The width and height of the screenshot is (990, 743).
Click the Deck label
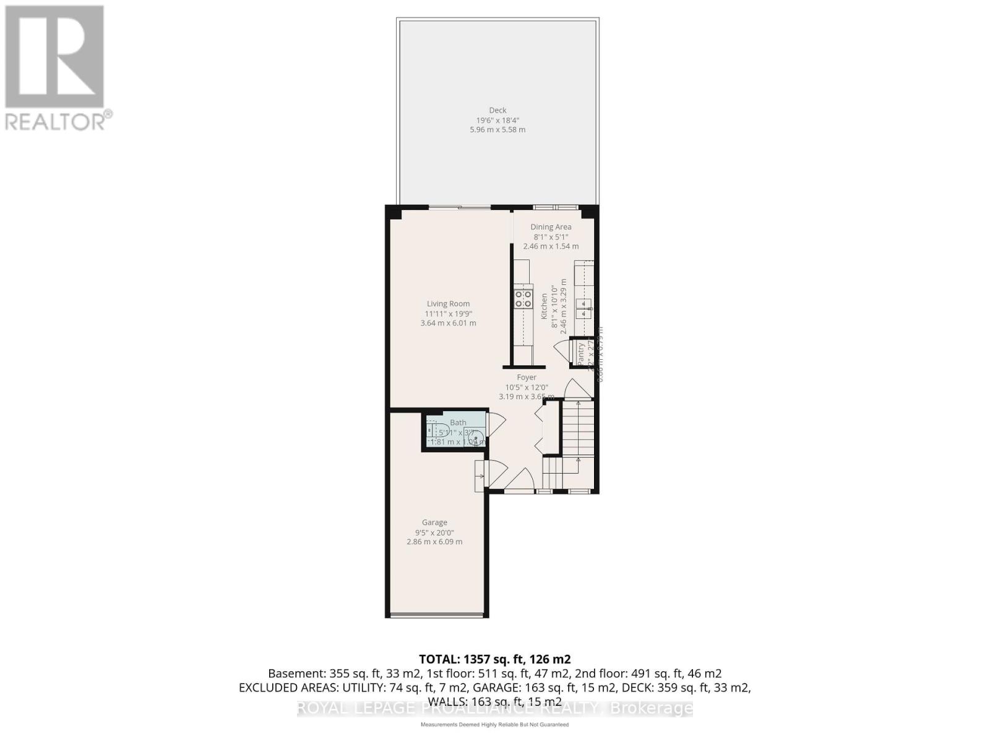tap(497, 110)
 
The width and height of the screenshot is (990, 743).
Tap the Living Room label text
tap(448, 303)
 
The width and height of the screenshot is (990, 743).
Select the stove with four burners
tap(523, 299)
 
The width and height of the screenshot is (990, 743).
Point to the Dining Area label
tap(551, 227)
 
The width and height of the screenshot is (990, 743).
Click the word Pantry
tap(580, 354)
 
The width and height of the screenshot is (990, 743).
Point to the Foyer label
tap(527, 377)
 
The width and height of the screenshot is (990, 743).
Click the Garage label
tap(434, 522)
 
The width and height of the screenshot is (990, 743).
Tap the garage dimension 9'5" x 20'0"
tap(434, 532)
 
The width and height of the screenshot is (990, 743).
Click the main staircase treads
tap(577, 427)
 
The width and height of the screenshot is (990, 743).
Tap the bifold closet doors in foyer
tap(539, 427)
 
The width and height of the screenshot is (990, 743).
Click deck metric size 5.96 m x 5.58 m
tap(497, 130)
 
